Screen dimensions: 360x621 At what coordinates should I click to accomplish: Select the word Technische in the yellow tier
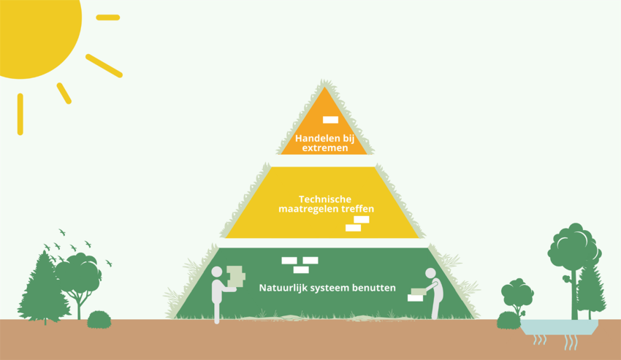coord(325,199)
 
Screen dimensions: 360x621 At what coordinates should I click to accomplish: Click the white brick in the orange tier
coord(330,120)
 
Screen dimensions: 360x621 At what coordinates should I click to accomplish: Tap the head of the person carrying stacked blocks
coord(216,272)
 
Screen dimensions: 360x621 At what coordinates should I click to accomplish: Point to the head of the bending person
coord(430,274)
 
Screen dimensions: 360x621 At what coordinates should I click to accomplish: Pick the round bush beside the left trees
coord(99,319)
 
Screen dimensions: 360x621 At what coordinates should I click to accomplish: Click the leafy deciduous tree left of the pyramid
coord(77,274)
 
